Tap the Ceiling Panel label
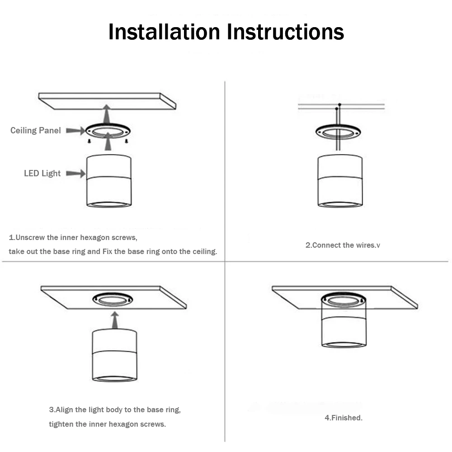(x=36, y=131)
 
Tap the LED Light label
(x=42, y=174)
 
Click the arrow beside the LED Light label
(x=75, y=173)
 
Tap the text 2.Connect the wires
(x=343, y=245)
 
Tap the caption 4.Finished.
(x=344, y=418)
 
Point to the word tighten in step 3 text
(x=62, y=424)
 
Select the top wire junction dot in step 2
(x=339, y=105)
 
